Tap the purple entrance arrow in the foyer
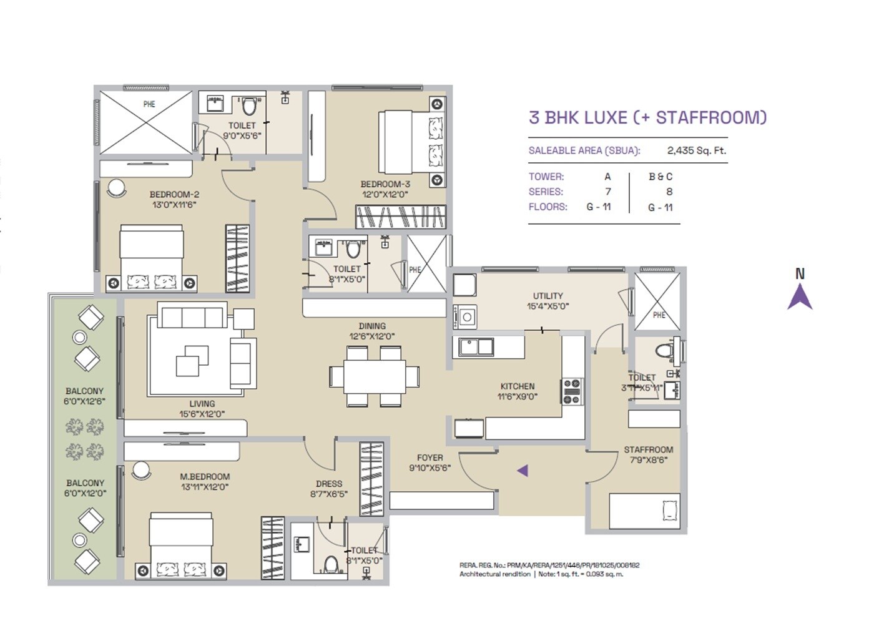(x=523, y=471)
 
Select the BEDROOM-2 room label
(x=174, y=194)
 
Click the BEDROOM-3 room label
(x=385, y=184)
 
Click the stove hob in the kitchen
(x=571, y=391)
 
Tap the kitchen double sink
(x=476, y=347)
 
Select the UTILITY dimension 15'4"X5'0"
(x=547, y=306)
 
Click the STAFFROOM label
(x=648, y=449)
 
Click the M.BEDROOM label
(x=205, y=476)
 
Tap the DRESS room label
(x=328, y=484)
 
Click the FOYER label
(x=430, y=457)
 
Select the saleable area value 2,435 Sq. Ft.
(x=696, y=150)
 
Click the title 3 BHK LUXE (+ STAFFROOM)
(x=647, y=117)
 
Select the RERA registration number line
(x=549, y=565)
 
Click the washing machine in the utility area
(x=466, y=316)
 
